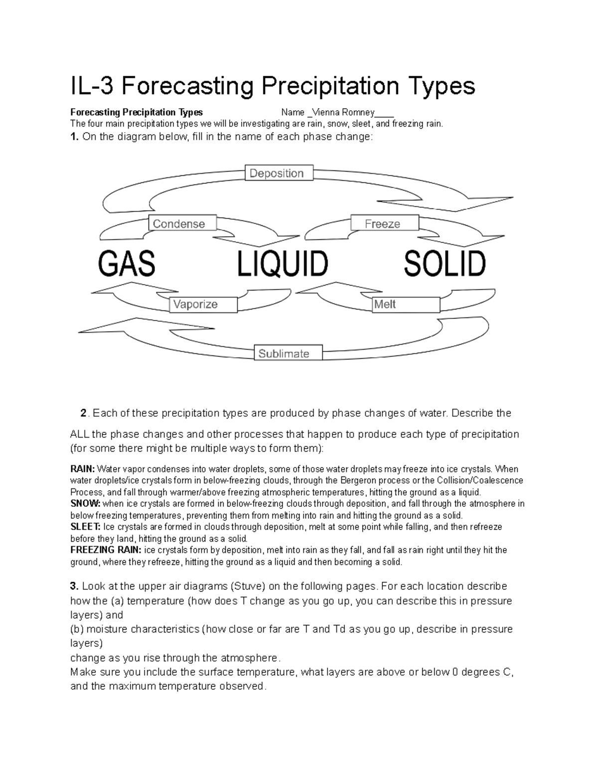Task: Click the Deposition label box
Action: (x=279, y=173)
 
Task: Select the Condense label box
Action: (x=183, y=223)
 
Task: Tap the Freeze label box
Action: (x=385, y=223)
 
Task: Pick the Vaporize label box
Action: (x=203, y=304)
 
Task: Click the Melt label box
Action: (x=406, y=304)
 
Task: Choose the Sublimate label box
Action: (x=288, y=353)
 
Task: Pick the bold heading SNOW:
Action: (x=85, y=504)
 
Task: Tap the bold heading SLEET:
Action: (x=85, y=527)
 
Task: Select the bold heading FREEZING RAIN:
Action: (x=106, y=550)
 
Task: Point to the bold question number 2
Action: (x=83, y=413)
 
